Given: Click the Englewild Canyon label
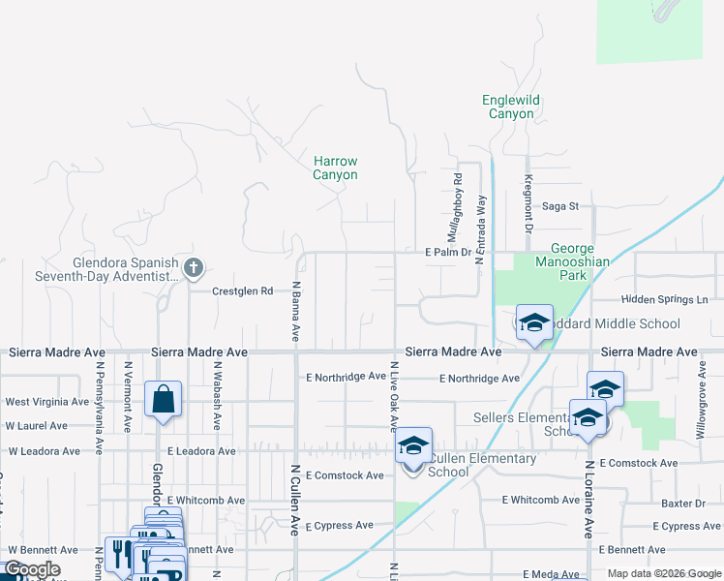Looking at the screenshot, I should (x=510, y=107).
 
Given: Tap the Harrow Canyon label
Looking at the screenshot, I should (x=335, y=168).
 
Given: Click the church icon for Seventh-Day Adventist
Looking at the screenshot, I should (x=194, y=266).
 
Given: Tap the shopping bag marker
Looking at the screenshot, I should (x=163, y=399).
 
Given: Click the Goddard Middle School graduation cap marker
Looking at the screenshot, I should (x=533, y=323).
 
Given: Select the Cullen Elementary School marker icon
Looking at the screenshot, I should (x=413, y=447).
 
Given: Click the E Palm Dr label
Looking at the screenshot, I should (x=447, y=253).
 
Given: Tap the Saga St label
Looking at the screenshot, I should (x=559, y=205).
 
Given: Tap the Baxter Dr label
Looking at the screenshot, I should (x=683, y=504).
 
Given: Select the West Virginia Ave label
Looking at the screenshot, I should (x=46, y=401).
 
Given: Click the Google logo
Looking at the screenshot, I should (x=32, y=570).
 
